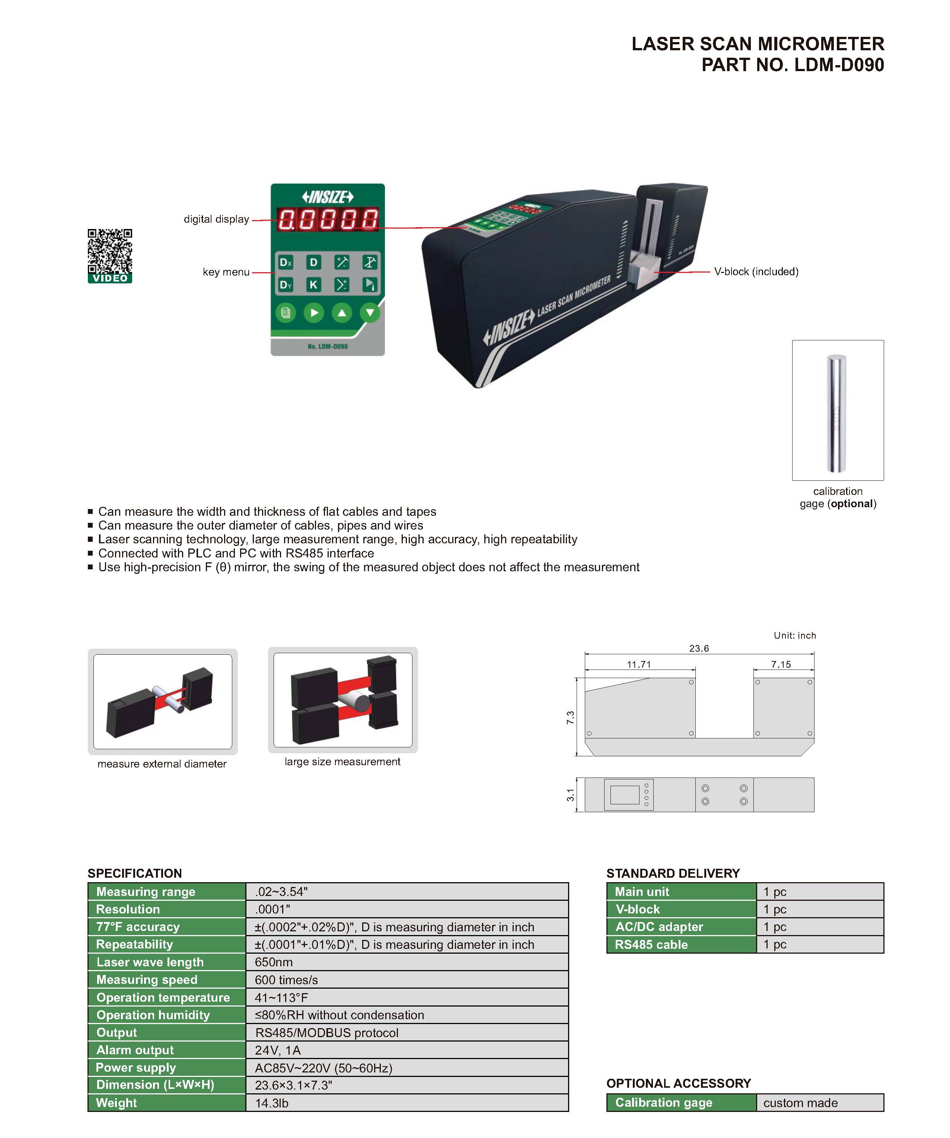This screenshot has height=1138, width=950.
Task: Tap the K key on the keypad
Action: (x=313, y=284)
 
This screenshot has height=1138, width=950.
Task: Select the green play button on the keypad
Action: (x=313, y=313)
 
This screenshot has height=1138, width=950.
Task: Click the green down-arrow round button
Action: (x=370, y=313)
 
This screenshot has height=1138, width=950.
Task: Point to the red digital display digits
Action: (x=328, y=219)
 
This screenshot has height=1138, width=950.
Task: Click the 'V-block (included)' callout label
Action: (x=756, y=271)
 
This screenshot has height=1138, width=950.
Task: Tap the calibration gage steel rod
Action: (x=837, y=413)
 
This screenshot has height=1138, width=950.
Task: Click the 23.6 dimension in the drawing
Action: (x=699, y=648)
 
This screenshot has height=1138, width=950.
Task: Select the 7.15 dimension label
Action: (x=781, y=664)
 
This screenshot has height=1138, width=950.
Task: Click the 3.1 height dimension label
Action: (x=570, y=795)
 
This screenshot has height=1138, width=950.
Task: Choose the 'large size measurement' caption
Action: (x=342, y=762)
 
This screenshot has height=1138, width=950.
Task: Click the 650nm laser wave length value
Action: (x=274, y=962)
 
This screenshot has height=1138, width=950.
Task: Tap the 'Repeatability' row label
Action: (x=134, y=944)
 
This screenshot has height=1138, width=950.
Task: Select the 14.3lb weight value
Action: (x=271, y=1103)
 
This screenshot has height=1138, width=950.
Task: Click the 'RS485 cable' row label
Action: (x=651, y=944)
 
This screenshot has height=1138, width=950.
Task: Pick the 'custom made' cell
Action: (x=800, y=1103)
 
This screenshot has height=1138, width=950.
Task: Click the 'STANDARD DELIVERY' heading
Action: (x=673, y=873)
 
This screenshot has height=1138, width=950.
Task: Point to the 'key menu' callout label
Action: (x=226, y=272)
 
